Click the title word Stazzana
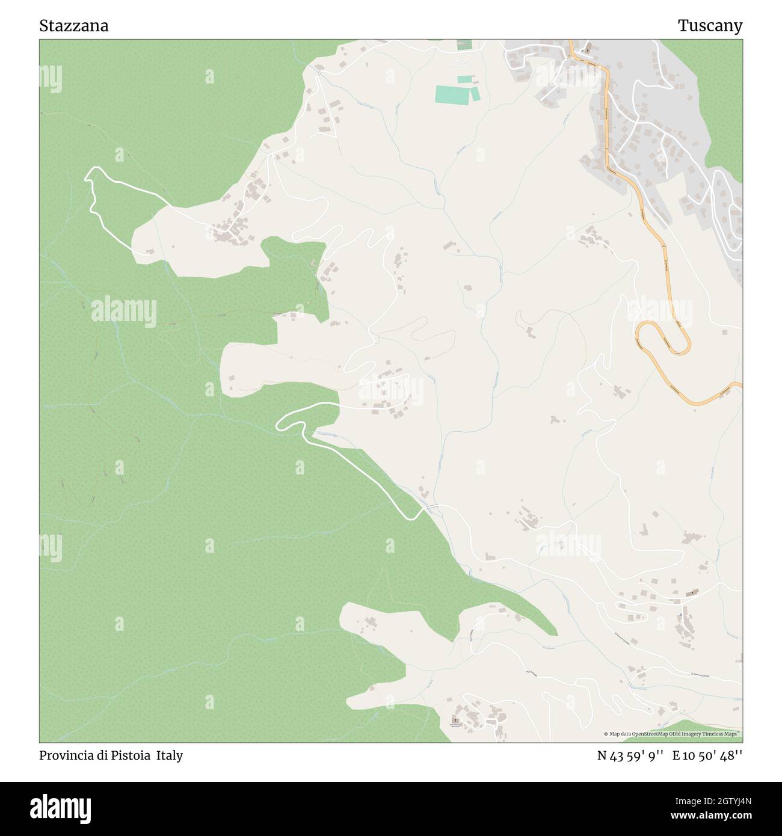74,26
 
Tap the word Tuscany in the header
710,26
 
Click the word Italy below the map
170,755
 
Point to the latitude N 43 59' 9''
630,755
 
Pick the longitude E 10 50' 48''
707,755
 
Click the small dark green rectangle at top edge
464,45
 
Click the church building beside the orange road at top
587,47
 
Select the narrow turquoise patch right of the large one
475,94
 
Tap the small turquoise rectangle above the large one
464,79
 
